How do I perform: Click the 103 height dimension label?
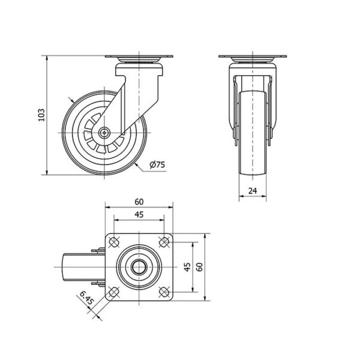[x=41, y=115]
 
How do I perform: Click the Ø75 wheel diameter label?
[x=157, y=164]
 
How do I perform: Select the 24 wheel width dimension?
[x=253, y=191]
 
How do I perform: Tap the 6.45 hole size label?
[x=87, y=298]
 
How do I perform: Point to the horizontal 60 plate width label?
[x=139, y=202]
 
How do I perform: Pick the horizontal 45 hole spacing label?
[x=139, y=215]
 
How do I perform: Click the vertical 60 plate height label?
[x=200, y=267]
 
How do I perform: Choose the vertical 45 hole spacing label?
[x=187, y=267]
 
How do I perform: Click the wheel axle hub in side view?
[x=104, y=133]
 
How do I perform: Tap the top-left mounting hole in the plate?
[x=113, y=242]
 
